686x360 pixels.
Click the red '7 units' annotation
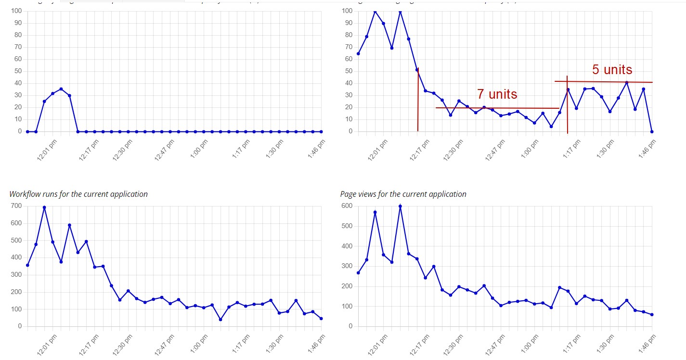(497, 94)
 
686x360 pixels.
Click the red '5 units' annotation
(612, 70)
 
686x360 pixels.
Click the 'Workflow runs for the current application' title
(78, 194)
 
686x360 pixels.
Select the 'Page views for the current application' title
(403, 194)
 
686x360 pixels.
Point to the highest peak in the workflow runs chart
(44, 207)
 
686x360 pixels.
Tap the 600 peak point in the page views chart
(400, 206)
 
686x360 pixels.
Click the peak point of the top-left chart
(61, 89)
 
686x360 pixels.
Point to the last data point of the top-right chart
(652, 131)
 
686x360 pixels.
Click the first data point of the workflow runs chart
(27, 265)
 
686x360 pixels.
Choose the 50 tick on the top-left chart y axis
(17, 71)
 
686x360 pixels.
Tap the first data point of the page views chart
(358, 273)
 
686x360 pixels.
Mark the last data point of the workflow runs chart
(321, 319)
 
